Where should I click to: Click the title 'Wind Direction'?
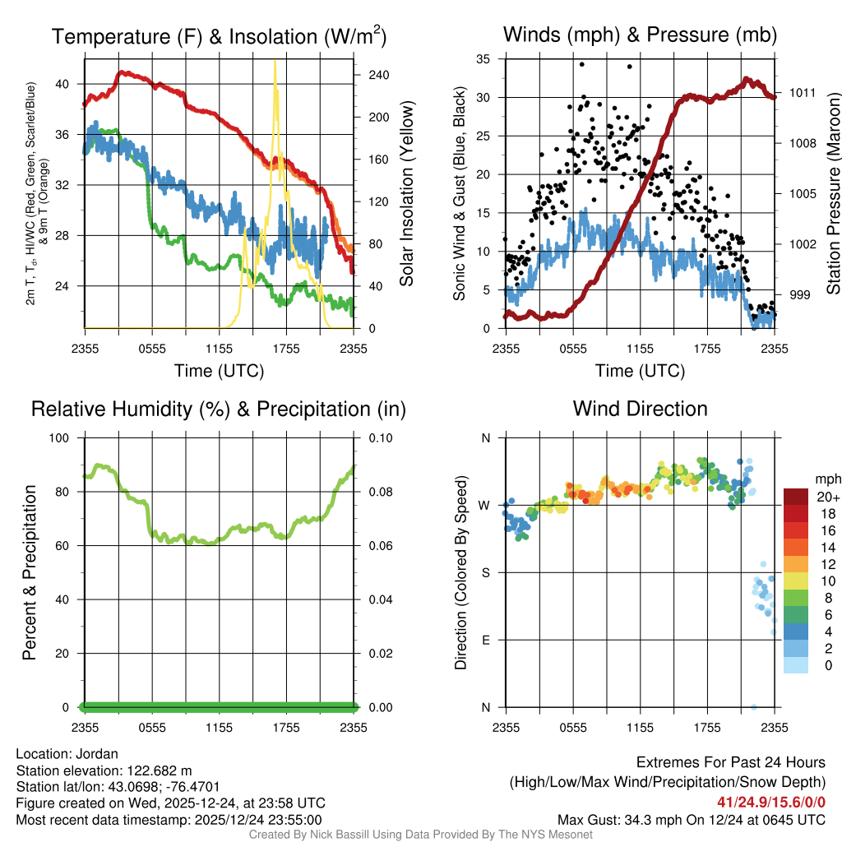(640, 409)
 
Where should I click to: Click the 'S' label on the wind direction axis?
(486, 572)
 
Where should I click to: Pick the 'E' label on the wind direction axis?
(486, 640)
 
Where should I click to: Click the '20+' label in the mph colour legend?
(826, 497)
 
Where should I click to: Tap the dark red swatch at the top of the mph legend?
(797, 497)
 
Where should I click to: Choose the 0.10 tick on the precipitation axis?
(380, 438)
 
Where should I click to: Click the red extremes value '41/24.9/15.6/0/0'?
(771, 802)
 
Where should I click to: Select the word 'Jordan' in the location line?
(96, 754)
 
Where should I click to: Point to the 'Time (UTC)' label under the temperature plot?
(220, 371)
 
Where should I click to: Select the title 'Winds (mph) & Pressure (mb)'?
(640, 35)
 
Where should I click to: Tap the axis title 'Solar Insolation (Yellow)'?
(406, 194)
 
